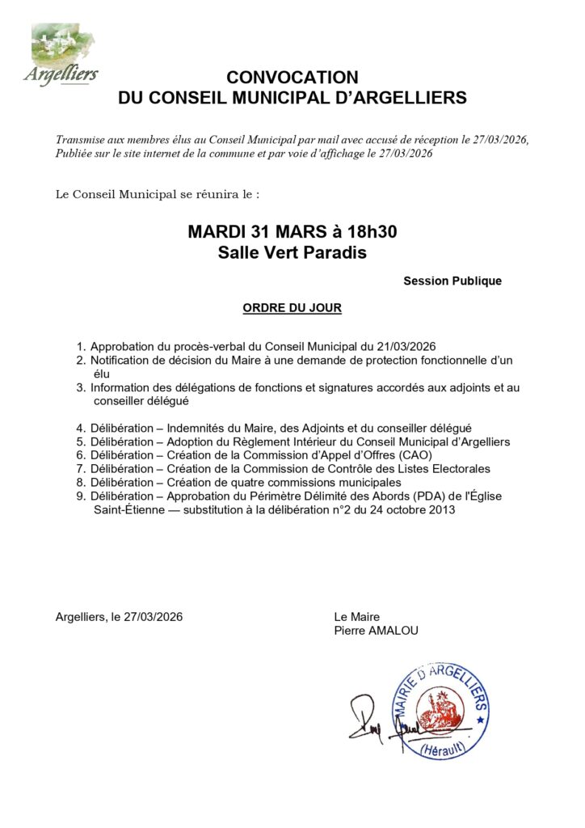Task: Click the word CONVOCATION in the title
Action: (292, 78)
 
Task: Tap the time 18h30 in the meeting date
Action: (368, 232)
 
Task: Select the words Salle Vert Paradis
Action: (292, 252)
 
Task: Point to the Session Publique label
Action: (452, 281)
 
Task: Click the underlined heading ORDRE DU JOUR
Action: (292, 308)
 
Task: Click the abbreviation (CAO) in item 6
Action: (414, 455)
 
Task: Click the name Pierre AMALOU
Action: (377, 631)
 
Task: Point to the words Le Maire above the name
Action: (356, 617)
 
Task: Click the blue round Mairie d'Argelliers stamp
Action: (440, 712)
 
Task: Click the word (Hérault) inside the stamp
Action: (442, 750)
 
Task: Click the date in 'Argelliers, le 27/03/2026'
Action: (153, 617)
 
